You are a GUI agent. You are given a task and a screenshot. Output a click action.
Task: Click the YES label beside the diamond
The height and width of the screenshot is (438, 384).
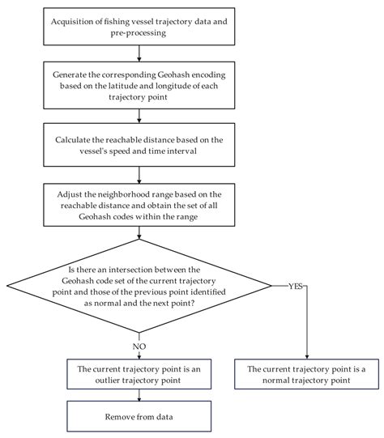tap(296, 286)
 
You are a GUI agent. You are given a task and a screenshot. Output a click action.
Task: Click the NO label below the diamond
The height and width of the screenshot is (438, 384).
tap(139, 347)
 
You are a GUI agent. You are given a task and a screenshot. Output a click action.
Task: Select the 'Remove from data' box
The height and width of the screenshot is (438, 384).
tap(139, 416)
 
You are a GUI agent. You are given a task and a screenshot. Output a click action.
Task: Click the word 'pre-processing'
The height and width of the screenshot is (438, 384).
tap(139, 33)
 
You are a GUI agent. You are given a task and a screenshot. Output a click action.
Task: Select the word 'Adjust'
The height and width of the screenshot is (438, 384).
tap(68, 194)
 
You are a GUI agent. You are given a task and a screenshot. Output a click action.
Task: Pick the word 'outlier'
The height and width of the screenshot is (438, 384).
tap(108, 381)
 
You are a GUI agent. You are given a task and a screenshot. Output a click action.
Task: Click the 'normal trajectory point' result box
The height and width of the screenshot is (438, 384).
tap(306, 374)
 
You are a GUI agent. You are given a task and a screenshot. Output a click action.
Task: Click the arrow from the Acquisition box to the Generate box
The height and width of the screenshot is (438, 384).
tap(139, 53)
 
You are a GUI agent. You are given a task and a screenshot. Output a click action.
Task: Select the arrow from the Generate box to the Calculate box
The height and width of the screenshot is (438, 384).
tap(139, 116)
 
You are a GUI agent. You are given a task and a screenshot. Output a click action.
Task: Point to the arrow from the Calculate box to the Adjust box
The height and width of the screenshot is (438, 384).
tap(139, 175)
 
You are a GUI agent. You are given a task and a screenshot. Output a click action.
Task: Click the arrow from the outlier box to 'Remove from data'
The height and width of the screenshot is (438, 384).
tap(139, 395)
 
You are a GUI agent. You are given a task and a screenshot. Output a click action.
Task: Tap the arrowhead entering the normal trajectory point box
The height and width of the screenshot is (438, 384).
tap(307, 357)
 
